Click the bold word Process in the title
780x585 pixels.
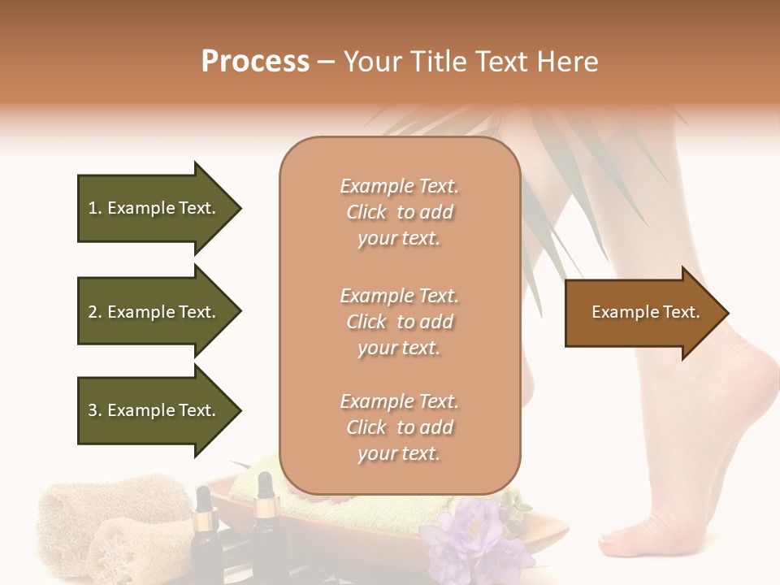[x=255, y=62]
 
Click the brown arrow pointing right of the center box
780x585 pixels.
[x=642, y=313]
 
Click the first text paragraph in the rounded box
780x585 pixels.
[x=399, y=212]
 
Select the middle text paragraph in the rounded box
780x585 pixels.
[x=399, y=322]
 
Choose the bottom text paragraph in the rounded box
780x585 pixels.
[x=399, y=427]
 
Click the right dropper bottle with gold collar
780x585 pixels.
[x=264, y=528]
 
